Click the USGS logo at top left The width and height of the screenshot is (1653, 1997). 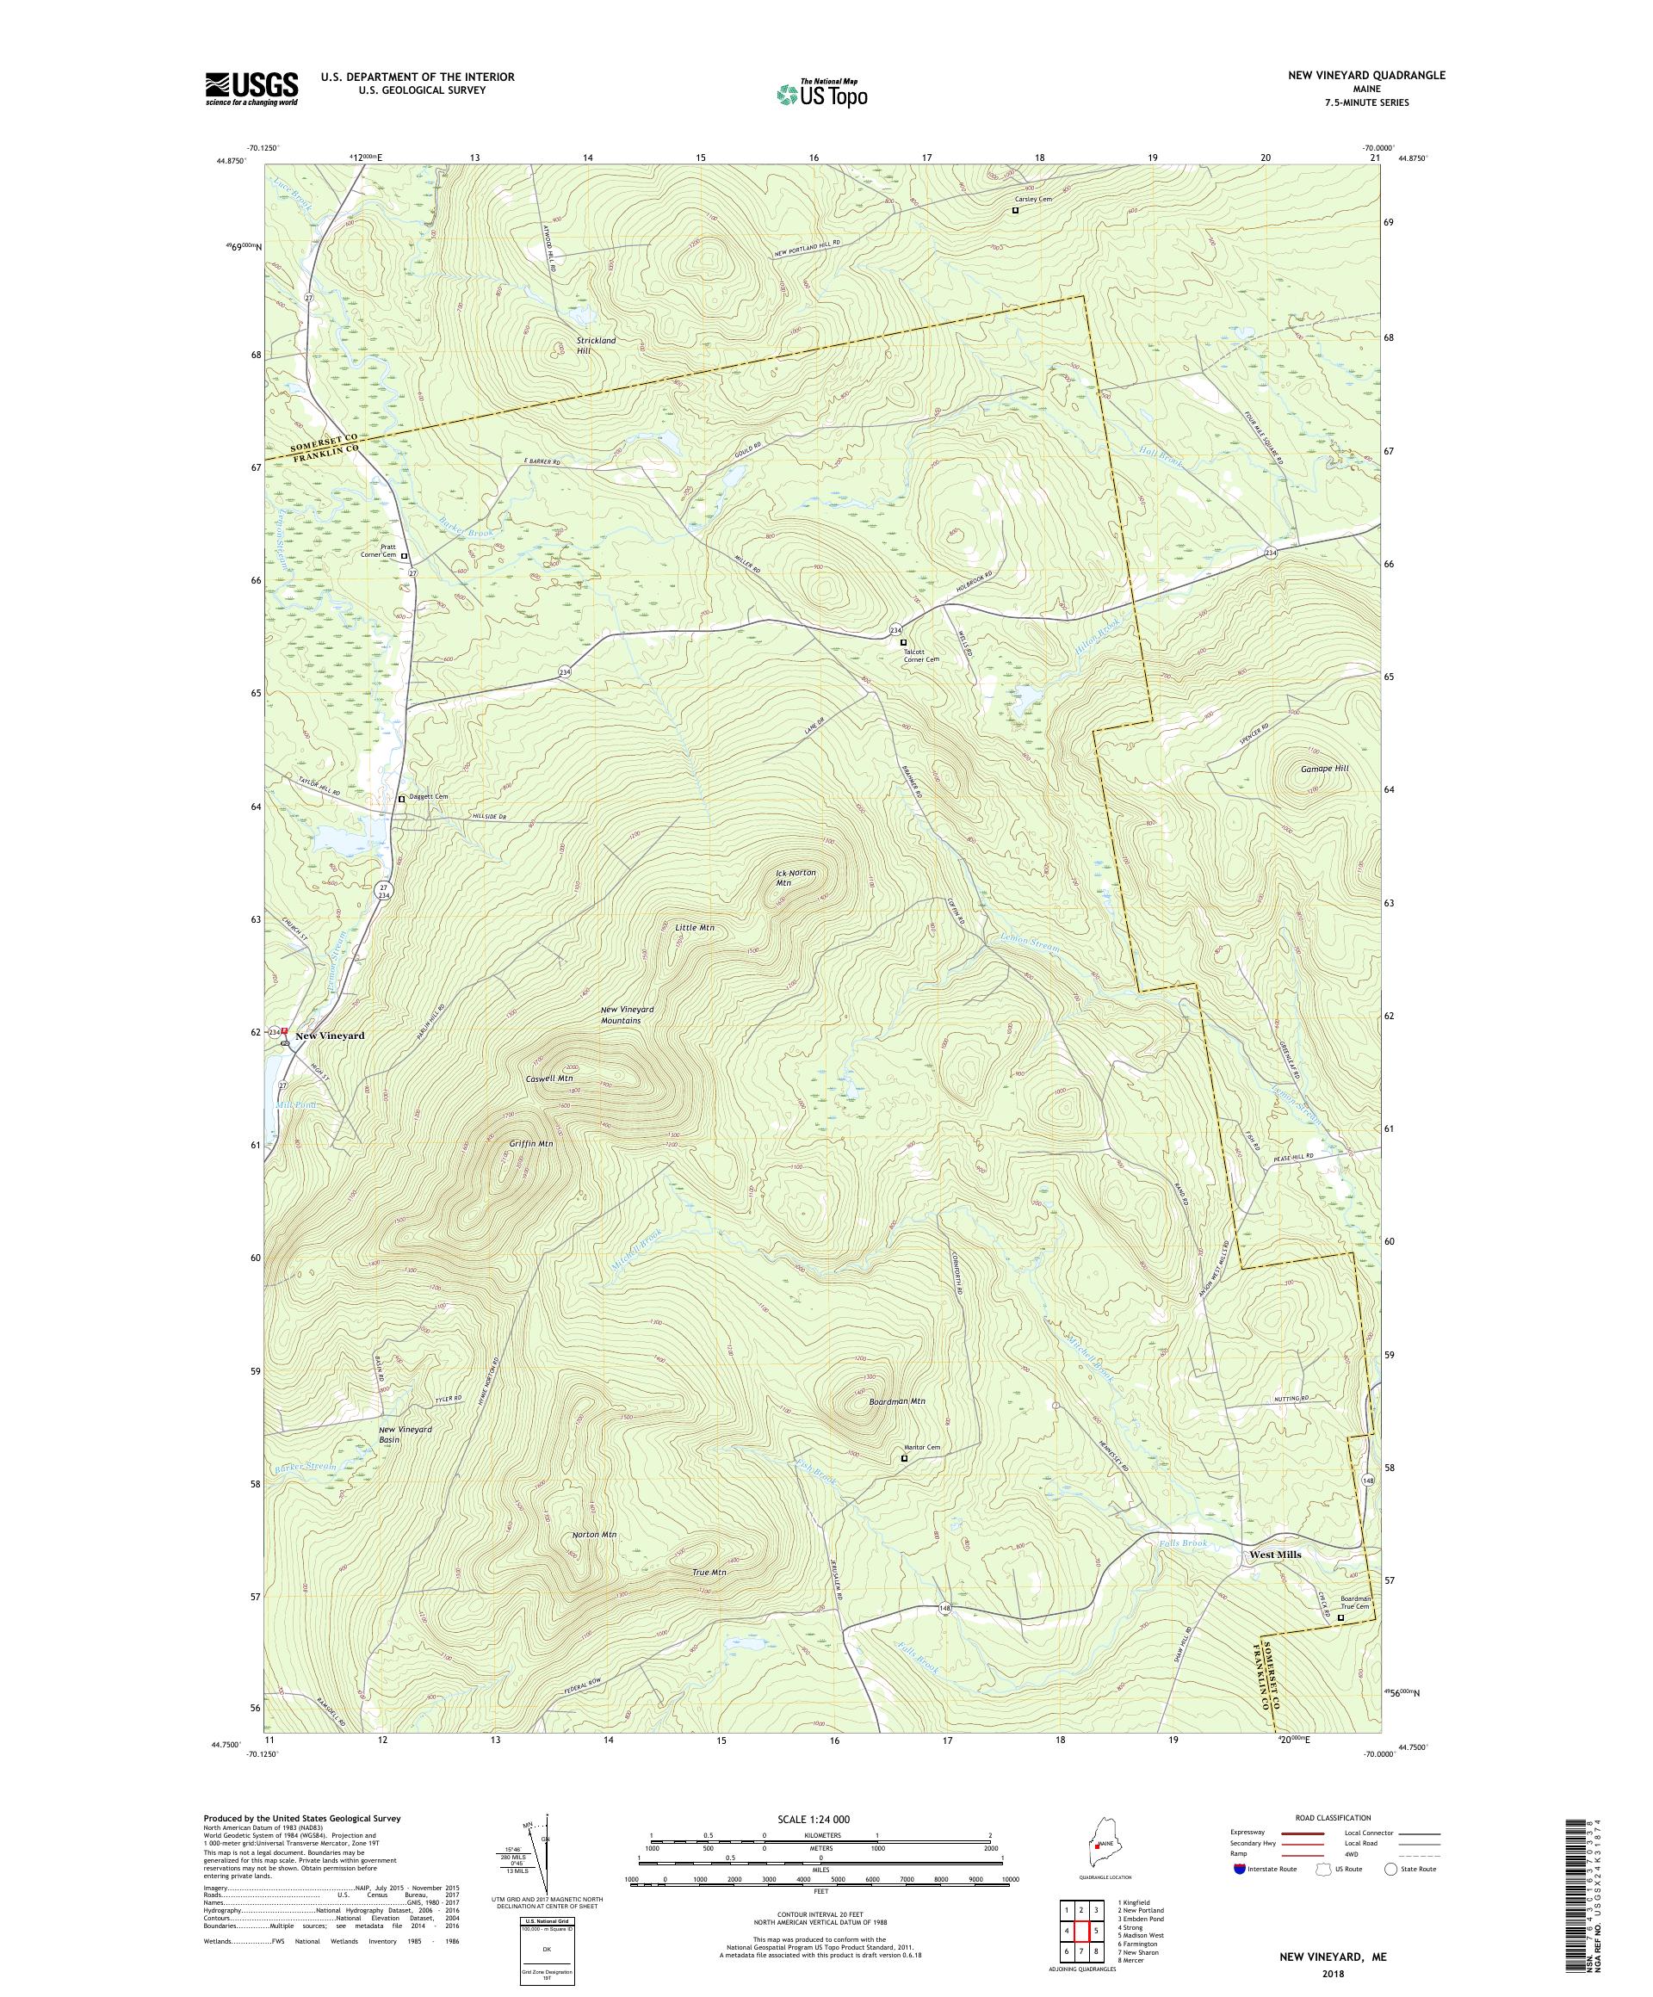point(252,89)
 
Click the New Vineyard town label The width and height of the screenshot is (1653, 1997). point(329,1036)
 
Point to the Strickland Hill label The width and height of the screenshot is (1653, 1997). point(596,345)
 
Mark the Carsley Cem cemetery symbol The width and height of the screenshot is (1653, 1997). point(1015,211)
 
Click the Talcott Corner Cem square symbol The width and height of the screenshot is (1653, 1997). point(903,642)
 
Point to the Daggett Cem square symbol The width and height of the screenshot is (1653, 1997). point(401,799)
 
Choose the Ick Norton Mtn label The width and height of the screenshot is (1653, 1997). point(796,878)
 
